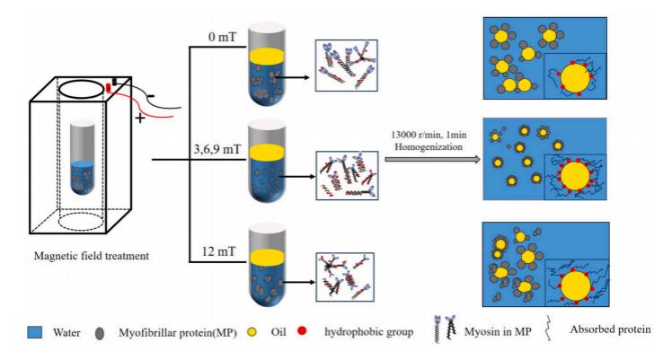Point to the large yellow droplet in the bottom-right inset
575,286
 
